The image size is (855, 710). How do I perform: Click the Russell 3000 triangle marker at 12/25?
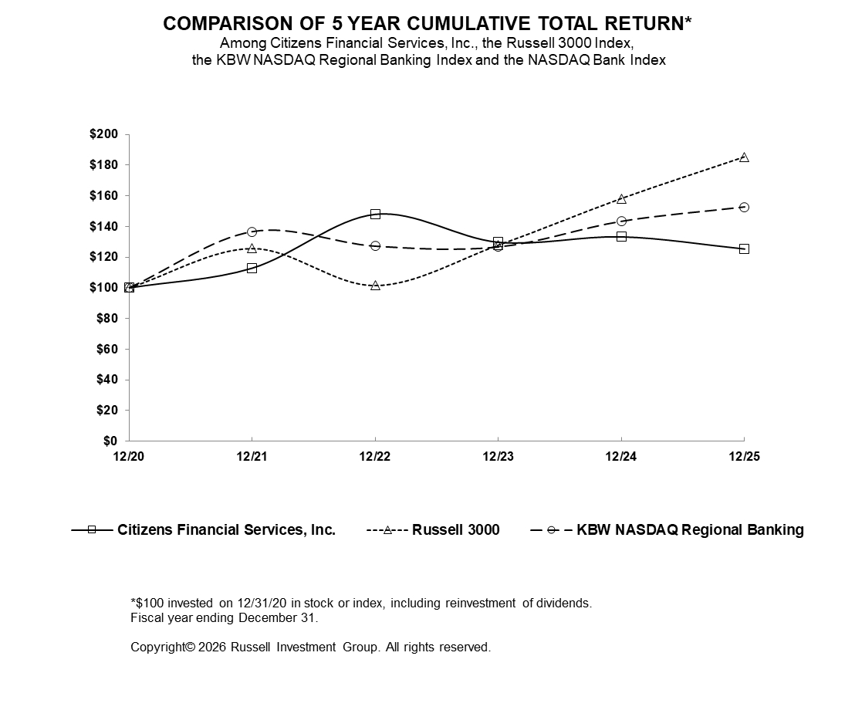pos(744,157)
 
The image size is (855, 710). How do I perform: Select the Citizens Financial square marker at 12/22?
pos(375,214)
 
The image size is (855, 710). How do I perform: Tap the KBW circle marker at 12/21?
pos(252,232)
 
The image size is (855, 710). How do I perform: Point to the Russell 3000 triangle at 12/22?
pos(375,286)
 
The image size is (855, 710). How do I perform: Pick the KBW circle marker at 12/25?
pos(744,207)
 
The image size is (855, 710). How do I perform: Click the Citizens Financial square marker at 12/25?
pos(744,248)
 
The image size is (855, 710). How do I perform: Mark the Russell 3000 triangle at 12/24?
pos(621,198)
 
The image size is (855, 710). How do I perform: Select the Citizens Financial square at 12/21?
pos(252,268)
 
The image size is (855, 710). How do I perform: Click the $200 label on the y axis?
pos(103,134)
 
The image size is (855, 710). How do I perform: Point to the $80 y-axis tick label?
pos(106,318)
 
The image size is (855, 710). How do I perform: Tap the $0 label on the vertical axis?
pos(110,441)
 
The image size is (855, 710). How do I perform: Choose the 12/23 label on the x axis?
pos(498,456)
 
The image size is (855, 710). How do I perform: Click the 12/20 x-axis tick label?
pos(129,456)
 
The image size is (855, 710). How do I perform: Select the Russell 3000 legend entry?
pos(455,529)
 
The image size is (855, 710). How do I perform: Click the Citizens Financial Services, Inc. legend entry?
pos(226,529)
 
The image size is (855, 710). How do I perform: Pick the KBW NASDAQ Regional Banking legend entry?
pos(690,529)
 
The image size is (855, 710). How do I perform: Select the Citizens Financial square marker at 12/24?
pos(621,236)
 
